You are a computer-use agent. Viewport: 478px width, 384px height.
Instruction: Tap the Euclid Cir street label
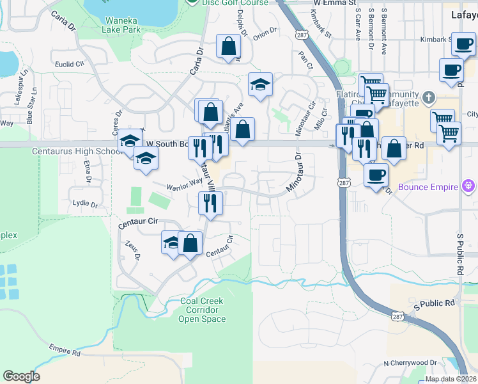(70, 64)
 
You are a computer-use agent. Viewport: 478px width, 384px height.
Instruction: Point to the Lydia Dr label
(86, 205)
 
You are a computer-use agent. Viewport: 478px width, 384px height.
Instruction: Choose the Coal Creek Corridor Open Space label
(202, 311)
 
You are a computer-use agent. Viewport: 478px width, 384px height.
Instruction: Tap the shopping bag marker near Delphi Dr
(229, 46)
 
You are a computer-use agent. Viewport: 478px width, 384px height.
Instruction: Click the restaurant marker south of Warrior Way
(210, 204)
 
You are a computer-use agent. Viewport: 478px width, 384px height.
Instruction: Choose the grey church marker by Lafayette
(428, 99)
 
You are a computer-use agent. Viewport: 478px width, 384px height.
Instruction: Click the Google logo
(21, 376)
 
